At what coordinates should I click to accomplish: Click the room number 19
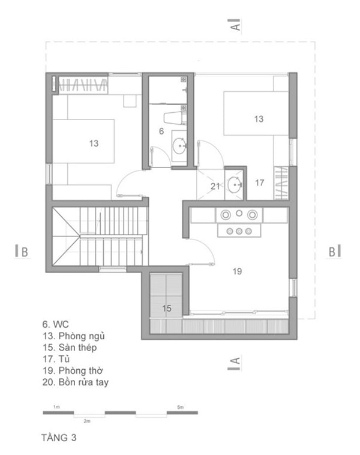tap(237, 271)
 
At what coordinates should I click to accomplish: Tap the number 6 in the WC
tap(161, 131)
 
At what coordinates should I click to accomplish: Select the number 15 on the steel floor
tap(167, 308)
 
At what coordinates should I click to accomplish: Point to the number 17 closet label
tap(260, 182)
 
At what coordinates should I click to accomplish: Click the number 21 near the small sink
tap(215, 186)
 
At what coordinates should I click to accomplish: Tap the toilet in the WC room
tap(176, 118)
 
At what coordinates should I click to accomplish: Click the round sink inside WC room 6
tap(179, 146)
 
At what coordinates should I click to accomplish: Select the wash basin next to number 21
tap(235, 185)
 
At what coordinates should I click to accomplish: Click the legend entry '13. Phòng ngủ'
tap(74, 336)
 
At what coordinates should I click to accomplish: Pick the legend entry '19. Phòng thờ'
tap(73, 370)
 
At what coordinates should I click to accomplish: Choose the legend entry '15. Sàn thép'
tap(70, 348)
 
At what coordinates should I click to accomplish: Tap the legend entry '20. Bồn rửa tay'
tap(76, 382)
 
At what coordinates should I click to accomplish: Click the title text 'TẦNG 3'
tap(59, 438)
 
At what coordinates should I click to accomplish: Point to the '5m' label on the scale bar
tap(181, 407)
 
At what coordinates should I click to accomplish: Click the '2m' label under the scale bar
tap(87, 421)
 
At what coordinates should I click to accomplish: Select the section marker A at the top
tap(235, 25)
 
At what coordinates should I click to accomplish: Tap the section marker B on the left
tap(22, 252)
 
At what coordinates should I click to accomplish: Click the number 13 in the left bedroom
tap(94, 143)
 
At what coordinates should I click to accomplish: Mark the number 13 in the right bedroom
tap(259, 119)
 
